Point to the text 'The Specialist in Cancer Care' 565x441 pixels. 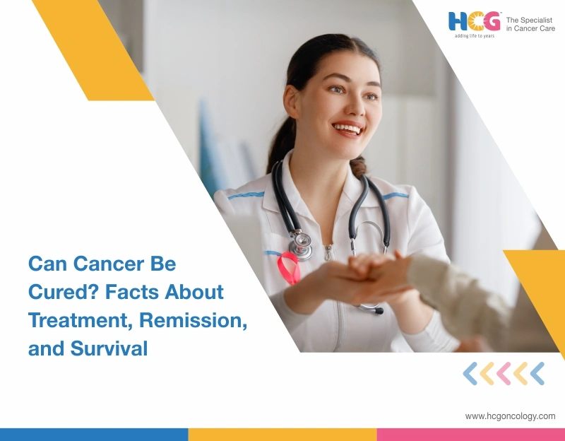[x=530, y=24]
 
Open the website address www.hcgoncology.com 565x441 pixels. [x=510, y=416]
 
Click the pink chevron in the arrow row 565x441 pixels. [x=504, y=373]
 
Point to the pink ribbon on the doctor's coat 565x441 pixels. [x=287, y=268]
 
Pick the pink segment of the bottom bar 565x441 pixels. [x=470, y=434]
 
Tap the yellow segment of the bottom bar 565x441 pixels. [x=282, y=434]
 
